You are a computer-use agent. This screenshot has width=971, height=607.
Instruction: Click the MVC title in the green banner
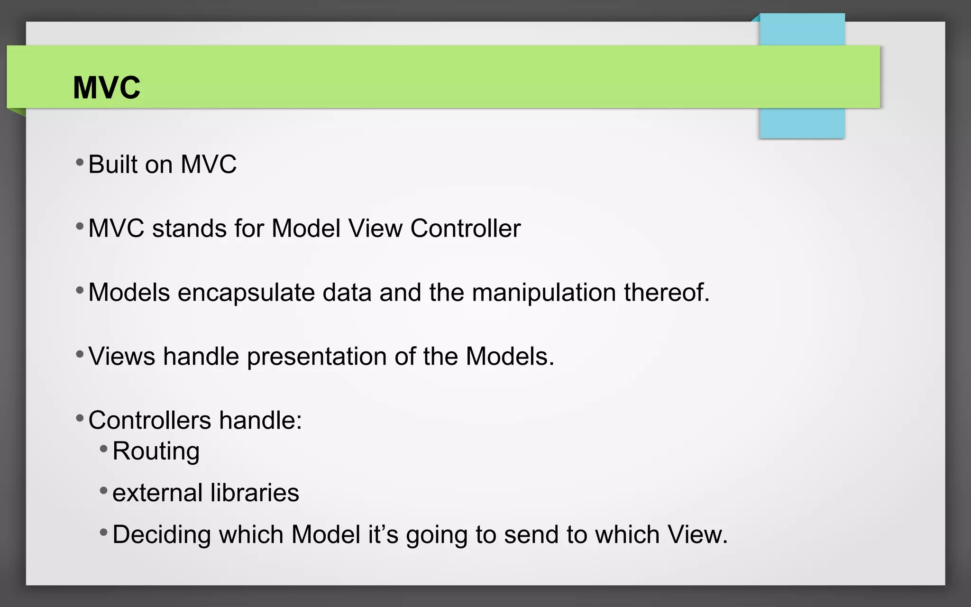(107, 88)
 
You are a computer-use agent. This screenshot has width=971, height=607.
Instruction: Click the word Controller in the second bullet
(465, 229)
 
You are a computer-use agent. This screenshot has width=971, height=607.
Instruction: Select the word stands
(189, 229)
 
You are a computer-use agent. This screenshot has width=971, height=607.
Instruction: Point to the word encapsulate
(246, 293)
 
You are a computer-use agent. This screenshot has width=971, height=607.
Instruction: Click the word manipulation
(543, 293)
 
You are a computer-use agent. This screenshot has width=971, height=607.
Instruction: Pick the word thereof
(666, 293)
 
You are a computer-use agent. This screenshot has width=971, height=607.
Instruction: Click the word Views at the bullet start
(122, 357)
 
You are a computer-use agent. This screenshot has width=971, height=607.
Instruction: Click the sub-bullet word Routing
(156, 451)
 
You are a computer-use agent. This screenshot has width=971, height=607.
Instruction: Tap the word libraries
(255, 493)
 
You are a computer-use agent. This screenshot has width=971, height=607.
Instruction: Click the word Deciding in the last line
(162, 534)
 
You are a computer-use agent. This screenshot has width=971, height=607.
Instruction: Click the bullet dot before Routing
(104, 448)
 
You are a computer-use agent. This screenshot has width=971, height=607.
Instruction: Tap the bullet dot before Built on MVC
(80, 163)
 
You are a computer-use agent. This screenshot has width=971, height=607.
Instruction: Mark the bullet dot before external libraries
(104, 490)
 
